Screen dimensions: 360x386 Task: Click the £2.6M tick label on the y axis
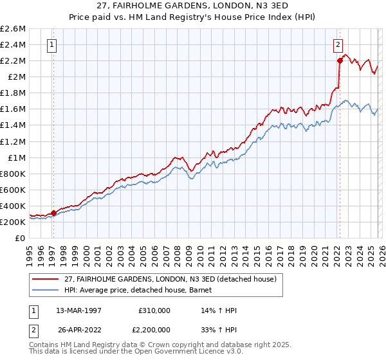(x=14, y=29)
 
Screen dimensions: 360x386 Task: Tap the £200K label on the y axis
(x=14, y=222)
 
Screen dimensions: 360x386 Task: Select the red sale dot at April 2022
(x=340, y=61)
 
